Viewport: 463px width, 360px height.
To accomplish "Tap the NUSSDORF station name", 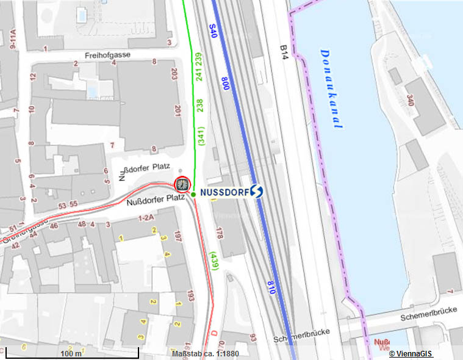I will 223,192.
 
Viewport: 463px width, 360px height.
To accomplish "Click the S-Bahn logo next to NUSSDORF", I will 256,192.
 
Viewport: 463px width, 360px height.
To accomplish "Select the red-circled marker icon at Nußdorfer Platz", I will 182,184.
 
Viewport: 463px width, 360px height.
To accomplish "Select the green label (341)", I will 200,135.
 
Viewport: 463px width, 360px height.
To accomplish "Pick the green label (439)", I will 212,261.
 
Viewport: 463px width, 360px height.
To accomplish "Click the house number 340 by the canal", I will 410,101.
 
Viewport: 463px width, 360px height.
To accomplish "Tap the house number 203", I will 174,74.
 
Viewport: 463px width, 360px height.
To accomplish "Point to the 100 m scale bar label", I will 71,353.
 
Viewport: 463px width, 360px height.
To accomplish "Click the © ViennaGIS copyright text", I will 411,353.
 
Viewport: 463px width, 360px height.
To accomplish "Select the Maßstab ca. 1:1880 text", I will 205,353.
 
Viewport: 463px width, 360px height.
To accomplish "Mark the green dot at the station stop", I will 193,194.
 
